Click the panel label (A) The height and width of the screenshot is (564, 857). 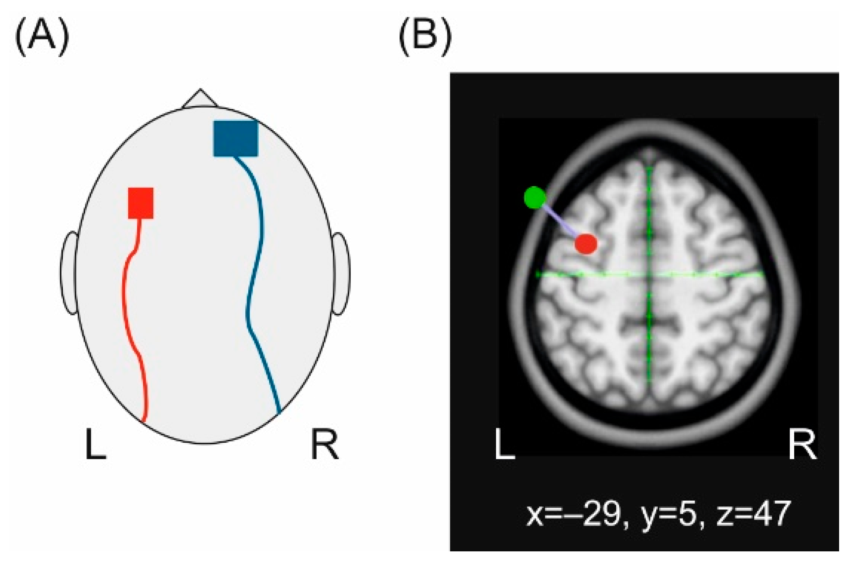[42, 38]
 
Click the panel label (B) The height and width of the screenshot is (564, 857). [425, 38]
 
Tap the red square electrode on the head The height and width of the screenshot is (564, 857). [141, 203]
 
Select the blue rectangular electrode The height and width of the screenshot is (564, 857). [236, 138]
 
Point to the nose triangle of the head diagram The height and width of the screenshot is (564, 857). [200, 99]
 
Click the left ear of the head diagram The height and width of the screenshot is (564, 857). [69, 273]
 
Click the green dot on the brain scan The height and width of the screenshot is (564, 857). [535, 198]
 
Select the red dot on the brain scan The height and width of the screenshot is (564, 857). [586, 244]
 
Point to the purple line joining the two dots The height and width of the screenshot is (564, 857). [560, 221]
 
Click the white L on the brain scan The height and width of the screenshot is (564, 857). [504, 444]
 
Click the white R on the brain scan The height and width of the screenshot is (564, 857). [802, 444]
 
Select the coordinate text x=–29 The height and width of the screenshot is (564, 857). [573, 514]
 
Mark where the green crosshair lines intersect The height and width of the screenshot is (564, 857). [649, 274]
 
